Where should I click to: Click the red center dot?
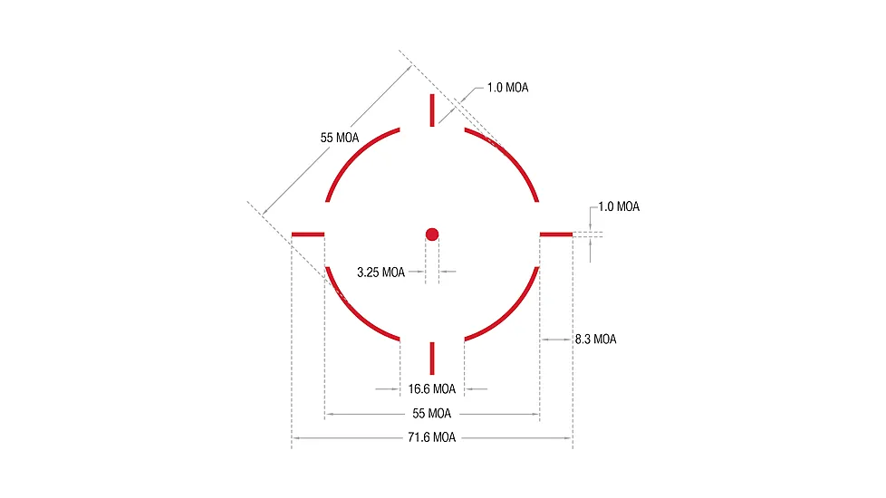(x=432, y=235)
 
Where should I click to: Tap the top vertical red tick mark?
(x=432, y=110)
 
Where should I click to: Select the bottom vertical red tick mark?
(x=432, y=358)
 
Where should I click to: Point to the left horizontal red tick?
(x=308, y=235)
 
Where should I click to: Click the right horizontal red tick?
(x=556, y=235)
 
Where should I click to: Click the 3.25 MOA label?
(x=380, y=273)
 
